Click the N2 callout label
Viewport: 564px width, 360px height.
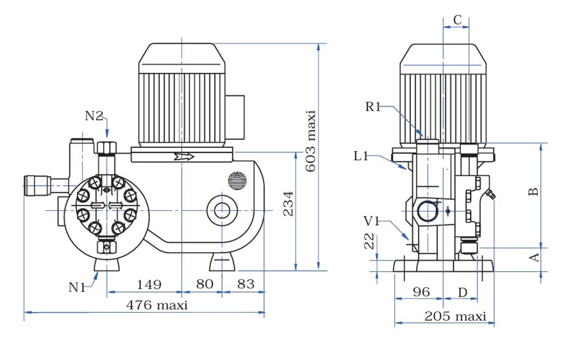[94, 116]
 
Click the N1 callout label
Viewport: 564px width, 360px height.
[77, 287]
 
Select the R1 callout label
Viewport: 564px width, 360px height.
[373, 107]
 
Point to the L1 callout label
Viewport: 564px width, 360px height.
[361, 156]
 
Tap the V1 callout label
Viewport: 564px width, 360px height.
[372, 221]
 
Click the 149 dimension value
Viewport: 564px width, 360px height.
[149, 285]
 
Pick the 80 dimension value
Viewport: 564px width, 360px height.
[204, 284]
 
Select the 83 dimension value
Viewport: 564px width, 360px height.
[246, 284]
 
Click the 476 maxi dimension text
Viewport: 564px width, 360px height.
[157, 305]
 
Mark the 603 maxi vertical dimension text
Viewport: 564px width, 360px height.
[311, 141]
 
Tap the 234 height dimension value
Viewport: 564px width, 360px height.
[288, 204]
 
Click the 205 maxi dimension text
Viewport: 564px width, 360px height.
[455, 316]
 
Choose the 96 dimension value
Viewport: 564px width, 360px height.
[422, 292]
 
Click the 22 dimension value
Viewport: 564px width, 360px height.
[369, 241]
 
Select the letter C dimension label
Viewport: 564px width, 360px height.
[457, 20]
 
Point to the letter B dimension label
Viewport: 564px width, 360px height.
[533, 192]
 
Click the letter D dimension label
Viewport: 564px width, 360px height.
[462, 293]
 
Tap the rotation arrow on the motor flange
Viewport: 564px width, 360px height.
[184, 157]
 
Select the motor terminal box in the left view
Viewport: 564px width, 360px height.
[235, 117]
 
